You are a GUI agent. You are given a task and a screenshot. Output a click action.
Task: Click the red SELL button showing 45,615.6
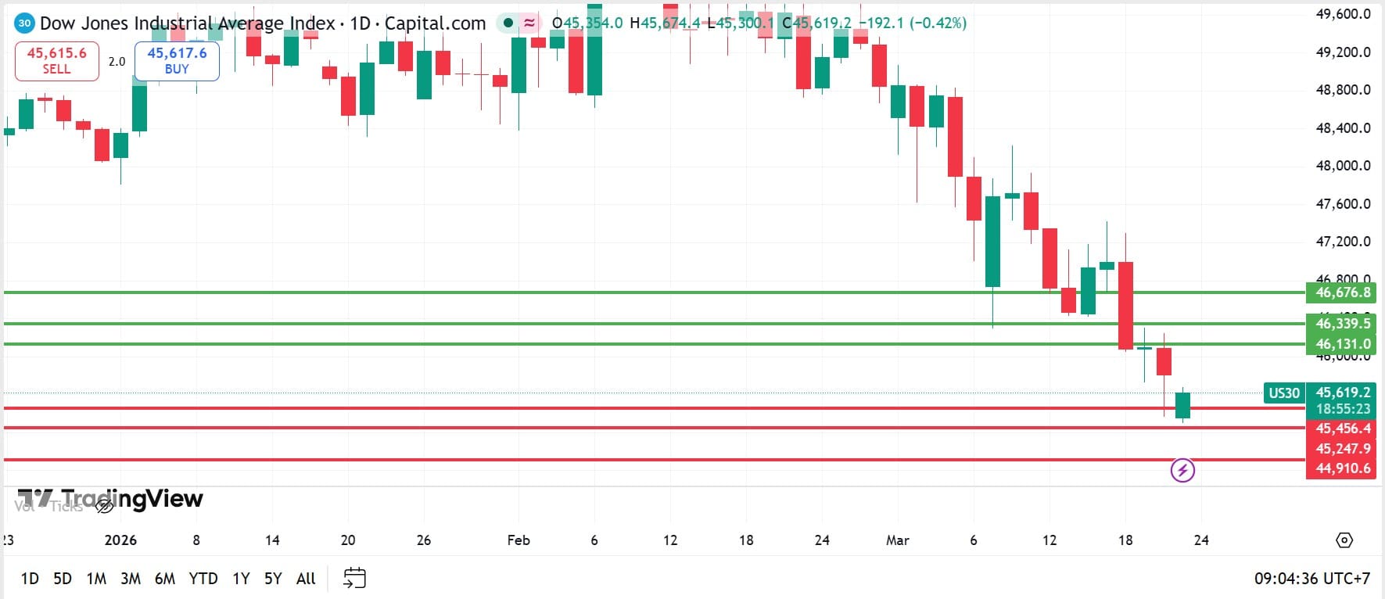(x=56, y=61)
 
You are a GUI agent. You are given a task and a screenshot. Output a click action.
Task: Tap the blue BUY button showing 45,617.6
(x=177, y=61)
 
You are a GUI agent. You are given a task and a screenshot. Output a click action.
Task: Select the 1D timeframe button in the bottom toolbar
(x=30, y=579)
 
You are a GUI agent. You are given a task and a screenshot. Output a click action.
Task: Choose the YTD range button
(x=203, y=579)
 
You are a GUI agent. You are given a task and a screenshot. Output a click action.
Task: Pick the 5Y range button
(x=273, y=579)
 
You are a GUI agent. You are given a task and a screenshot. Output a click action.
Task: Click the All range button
(x=306, y=579)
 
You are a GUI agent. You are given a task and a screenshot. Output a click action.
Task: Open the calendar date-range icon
(x=355, y=579)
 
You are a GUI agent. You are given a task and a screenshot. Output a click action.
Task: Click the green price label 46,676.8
(x=1342, y=292)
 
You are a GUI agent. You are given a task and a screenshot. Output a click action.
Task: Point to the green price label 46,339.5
(x=1342, y=323)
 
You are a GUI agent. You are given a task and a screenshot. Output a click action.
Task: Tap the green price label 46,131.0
(x=1342, y=343)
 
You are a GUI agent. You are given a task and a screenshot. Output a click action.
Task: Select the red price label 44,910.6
(x=1342, y=468)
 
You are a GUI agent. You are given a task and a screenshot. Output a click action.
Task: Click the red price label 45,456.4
(x=1342, y=429)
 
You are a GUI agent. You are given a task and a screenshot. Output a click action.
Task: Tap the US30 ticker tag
(x=1283, y=393)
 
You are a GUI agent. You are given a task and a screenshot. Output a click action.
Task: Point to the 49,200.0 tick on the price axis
(x=1343, y=52)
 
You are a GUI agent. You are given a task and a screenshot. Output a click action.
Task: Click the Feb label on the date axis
(x=518, y=540)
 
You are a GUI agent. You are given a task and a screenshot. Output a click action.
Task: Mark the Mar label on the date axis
(x=897, y=540)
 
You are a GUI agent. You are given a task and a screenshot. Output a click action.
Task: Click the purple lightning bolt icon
(x=1182, y=470)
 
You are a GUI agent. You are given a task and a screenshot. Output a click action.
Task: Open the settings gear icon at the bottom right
(x=1344, y=540)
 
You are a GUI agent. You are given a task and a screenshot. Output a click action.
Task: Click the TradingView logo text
(x=131, y=498)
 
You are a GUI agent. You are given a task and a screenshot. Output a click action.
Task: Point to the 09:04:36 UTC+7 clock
(x=1311, y=579)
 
